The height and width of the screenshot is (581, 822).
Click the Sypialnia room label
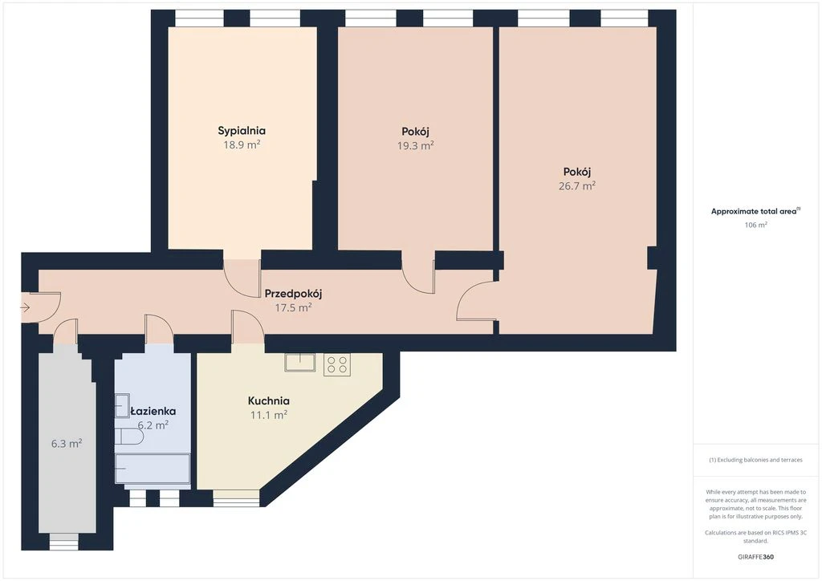pyautogui.click(x=242, y=131)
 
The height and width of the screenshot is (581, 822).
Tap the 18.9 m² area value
pyautogui.click(x=242, y=144)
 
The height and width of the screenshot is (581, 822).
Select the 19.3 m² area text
pyautogui.click(x=415, y=145)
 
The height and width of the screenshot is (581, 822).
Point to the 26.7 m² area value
pyautogui.click(x=576, y=185)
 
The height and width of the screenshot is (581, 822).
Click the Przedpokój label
pyautogui.click(x=293, y=294)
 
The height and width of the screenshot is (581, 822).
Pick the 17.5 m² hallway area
pyautogui.click(x=293, y=307)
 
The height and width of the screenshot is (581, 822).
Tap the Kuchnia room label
pyautogui.click(x=268, y=400)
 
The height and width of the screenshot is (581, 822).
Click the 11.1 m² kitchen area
pyautogui.click(x=268, y=415)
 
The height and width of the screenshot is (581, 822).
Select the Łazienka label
pyautogui.click(x=153, y=411)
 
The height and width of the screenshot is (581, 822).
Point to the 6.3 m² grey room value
pyautogui.click(x=67, y=444)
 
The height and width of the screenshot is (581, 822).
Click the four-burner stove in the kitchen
pyautogui.click(x=337, y=364)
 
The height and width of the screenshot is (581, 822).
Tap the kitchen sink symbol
pyautogui.click(x=300, y=363)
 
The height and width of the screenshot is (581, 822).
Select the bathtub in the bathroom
pyautogui.click(x=153, y=469)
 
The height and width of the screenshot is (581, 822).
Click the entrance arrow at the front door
pyautogui.click(x=25, y=308)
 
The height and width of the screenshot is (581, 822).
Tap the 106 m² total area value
pyautogui.click(x=756, y=225)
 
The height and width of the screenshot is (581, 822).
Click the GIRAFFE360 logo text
pyautogui.click(x=756, y=557)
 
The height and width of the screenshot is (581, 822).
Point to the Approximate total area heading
pyautogui.click(x=755, y=212)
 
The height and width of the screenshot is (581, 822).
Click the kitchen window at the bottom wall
pyautogui.click(x=237, y=498)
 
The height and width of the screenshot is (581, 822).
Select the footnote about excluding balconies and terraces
pyautogui.click(x=756, y=460)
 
